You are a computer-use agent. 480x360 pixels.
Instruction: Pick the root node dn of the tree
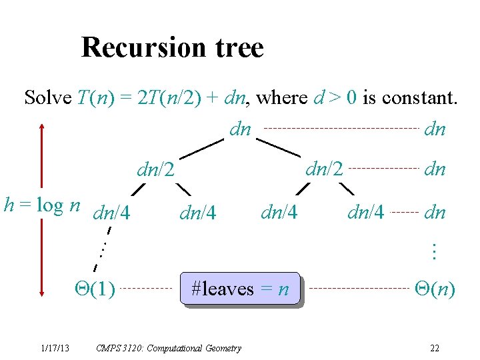[x=240, y=129]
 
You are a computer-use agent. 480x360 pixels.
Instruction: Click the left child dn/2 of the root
[x=156, y=171]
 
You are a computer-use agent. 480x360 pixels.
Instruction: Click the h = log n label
[x=43, y=205]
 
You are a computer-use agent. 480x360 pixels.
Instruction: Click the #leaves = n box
[x=240, y=289]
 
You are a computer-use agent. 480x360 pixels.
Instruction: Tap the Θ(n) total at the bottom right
[x=435, y=289]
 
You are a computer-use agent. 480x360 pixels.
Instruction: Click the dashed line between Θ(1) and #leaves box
[x=147, y=289]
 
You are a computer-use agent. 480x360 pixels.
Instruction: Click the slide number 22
[x=434, y=348]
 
